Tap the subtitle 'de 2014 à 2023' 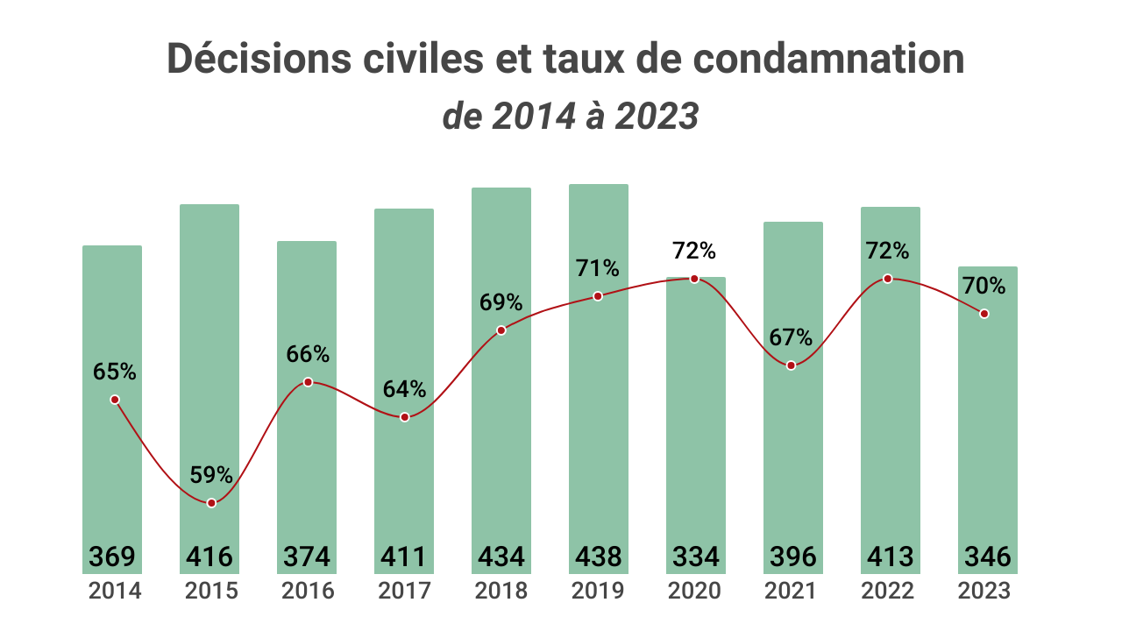[570, 117]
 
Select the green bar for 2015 [209, 351]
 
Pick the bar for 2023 [988, 421]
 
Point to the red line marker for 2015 [211, 503]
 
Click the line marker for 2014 [114, 400]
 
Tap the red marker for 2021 [791, 365]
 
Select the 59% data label [211, 476]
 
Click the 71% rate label [598, 268]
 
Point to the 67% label [791, 337]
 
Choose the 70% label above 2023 [984, 286]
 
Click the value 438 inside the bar [599, 557]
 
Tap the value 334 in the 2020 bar [696, 557]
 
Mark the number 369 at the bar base [112, 557]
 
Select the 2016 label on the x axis [308, 591]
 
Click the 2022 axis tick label [888, 591]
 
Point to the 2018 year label [501, 591]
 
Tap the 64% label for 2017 [404, 389]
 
